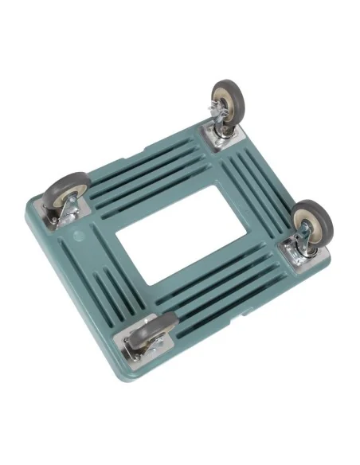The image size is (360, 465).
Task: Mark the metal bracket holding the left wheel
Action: click(x=72, y=209)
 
